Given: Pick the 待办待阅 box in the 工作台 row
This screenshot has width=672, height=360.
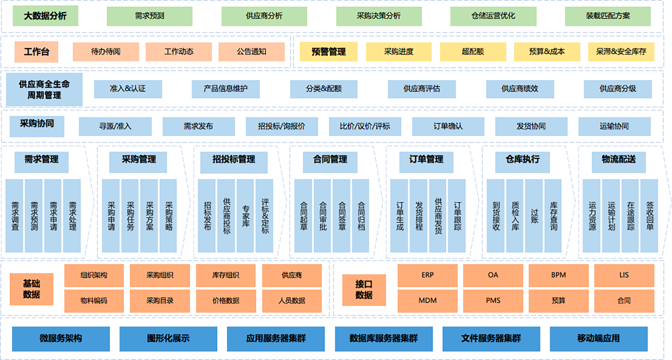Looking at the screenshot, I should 106,52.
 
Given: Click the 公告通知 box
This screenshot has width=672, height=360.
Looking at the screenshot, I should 251,52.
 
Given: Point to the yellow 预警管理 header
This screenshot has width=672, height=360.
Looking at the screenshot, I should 328,52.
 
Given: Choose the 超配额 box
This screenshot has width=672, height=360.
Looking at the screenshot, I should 472,52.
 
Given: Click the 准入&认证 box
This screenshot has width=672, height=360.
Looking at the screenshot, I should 127,89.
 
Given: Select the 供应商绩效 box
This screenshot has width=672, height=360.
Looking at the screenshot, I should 520,89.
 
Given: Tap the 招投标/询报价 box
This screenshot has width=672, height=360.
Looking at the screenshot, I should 281,126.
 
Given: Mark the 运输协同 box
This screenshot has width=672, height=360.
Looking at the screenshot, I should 614,126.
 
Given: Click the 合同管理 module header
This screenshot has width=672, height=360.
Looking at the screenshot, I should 330,160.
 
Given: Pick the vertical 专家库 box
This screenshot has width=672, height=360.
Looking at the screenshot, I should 245,216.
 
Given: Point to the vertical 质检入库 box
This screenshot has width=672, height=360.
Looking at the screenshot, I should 515,216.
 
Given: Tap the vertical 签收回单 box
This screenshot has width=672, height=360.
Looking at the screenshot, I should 650,216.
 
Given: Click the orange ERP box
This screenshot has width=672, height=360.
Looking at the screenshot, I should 427,275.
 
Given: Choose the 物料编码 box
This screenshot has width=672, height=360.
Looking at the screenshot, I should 94,300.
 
